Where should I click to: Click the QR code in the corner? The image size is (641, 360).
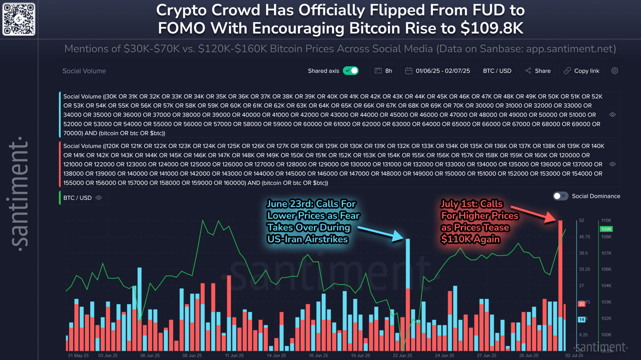(x=19, y=19)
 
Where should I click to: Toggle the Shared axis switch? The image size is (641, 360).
(x=351, y=71)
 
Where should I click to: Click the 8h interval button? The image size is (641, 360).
(x=384, y=71)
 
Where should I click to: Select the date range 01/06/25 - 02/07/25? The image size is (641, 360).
(x=438, y=71)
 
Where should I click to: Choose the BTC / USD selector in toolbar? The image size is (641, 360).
(x=497, y=71)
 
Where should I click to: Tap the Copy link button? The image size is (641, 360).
(x=582, y=71)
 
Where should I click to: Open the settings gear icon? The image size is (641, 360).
(x=615, y=71)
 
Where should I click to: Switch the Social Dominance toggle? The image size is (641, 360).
(x=560, y=196)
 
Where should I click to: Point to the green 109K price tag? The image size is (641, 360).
(x=606, y=229)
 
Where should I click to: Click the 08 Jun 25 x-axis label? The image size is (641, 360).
(x=192, y=355)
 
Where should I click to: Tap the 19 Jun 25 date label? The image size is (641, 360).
(x=361, y=355)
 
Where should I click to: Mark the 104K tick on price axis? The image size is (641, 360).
(x=606, y=286)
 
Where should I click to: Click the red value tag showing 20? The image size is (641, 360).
(x=581, y=304)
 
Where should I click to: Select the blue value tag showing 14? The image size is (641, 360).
(x=581, y=319)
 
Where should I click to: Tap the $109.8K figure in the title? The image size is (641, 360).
(x=492, y=28)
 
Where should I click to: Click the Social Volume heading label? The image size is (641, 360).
(x=84, y=71)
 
